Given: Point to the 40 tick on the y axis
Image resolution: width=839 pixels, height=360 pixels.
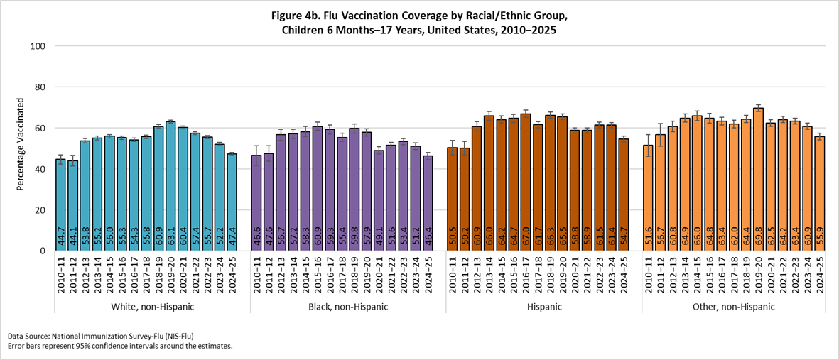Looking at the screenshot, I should pyautogui.click(x=40, y=169).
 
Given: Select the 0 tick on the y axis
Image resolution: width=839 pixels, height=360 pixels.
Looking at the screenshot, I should pyautogui.click(x=43, y=251).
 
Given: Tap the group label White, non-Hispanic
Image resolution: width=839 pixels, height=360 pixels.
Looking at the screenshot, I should pyautogui.click(x=152, y=307).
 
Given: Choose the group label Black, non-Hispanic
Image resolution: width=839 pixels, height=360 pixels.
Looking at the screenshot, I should pyautogui.click(x=348, y=307).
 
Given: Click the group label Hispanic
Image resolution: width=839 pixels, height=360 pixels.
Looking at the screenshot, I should pyautogui.click(x=543, y=307).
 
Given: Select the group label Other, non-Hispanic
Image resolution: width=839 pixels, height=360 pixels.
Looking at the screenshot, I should pyautogui.click(x=739, y=307).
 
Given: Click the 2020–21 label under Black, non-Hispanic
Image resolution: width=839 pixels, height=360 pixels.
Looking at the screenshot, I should pyautogui.click(x=359, y=273).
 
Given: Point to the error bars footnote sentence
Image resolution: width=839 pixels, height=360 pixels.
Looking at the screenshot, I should pyautogui.click(x=120, y=346).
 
